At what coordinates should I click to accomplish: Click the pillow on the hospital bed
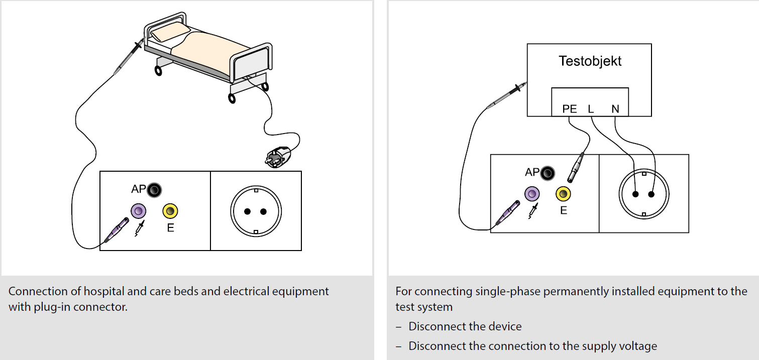170,32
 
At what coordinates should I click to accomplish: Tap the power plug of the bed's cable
278,157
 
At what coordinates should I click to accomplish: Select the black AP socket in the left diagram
154,190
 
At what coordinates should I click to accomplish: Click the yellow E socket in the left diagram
170,211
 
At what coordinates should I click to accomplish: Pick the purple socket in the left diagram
138,211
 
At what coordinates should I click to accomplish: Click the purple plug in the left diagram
117,230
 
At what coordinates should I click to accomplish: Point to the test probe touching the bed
129,56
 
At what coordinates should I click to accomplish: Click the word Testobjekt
590,61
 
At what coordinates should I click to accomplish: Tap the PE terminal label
569,109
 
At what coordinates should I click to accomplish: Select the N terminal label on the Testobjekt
615,109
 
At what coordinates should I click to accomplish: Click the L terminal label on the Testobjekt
591,109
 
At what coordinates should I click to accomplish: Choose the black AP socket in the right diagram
548,173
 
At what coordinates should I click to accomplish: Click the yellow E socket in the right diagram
563,194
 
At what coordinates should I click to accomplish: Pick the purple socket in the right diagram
532,194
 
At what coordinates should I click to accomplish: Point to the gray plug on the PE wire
576,168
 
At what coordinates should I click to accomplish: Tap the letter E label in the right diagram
564,210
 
